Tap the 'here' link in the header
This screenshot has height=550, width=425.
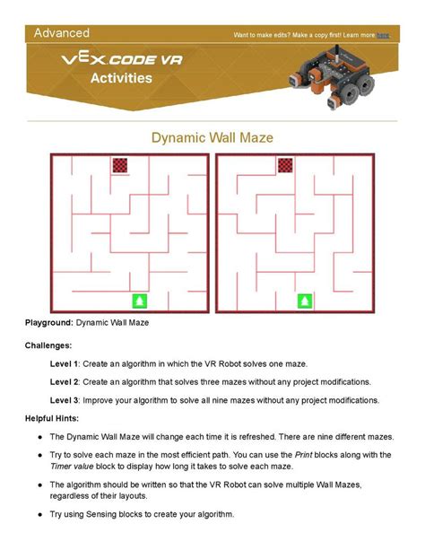[383, 36]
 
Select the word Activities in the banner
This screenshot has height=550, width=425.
[121, 78]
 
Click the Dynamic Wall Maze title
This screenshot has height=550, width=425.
[212, 138]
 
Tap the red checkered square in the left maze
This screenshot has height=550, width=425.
[121, 165]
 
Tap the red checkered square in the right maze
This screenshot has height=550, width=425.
[285, 164]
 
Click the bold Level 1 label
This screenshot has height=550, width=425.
[65, 363]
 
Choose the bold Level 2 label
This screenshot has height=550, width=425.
[65, 381]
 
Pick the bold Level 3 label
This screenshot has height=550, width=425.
[65, 400]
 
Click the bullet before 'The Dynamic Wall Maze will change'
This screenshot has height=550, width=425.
[41, 436]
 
